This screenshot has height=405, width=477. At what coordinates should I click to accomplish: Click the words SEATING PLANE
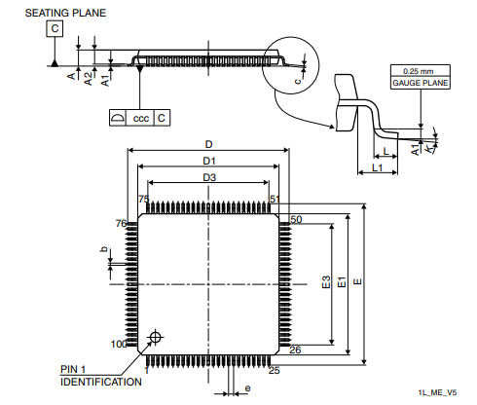65,13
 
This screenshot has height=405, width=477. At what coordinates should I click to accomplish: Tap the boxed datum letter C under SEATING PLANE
55,28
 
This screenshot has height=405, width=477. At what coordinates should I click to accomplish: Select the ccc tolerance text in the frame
141,119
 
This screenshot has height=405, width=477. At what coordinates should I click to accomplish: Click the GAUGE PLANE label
421,83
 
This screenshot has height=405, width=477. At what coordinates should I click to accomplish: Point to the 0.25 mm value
419,71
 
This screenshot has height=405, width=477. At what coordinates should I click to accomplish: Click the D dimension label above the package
208,144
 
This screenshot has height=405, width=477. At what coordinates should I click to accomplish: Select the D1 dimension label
209,161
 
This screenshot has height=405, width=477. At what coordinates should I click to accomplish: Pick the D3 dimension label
209,177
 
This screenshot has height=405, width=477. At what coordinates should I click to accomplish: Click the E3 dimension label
326,282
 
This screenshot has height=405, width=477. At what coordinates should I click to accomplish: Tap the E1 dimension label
342,282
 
